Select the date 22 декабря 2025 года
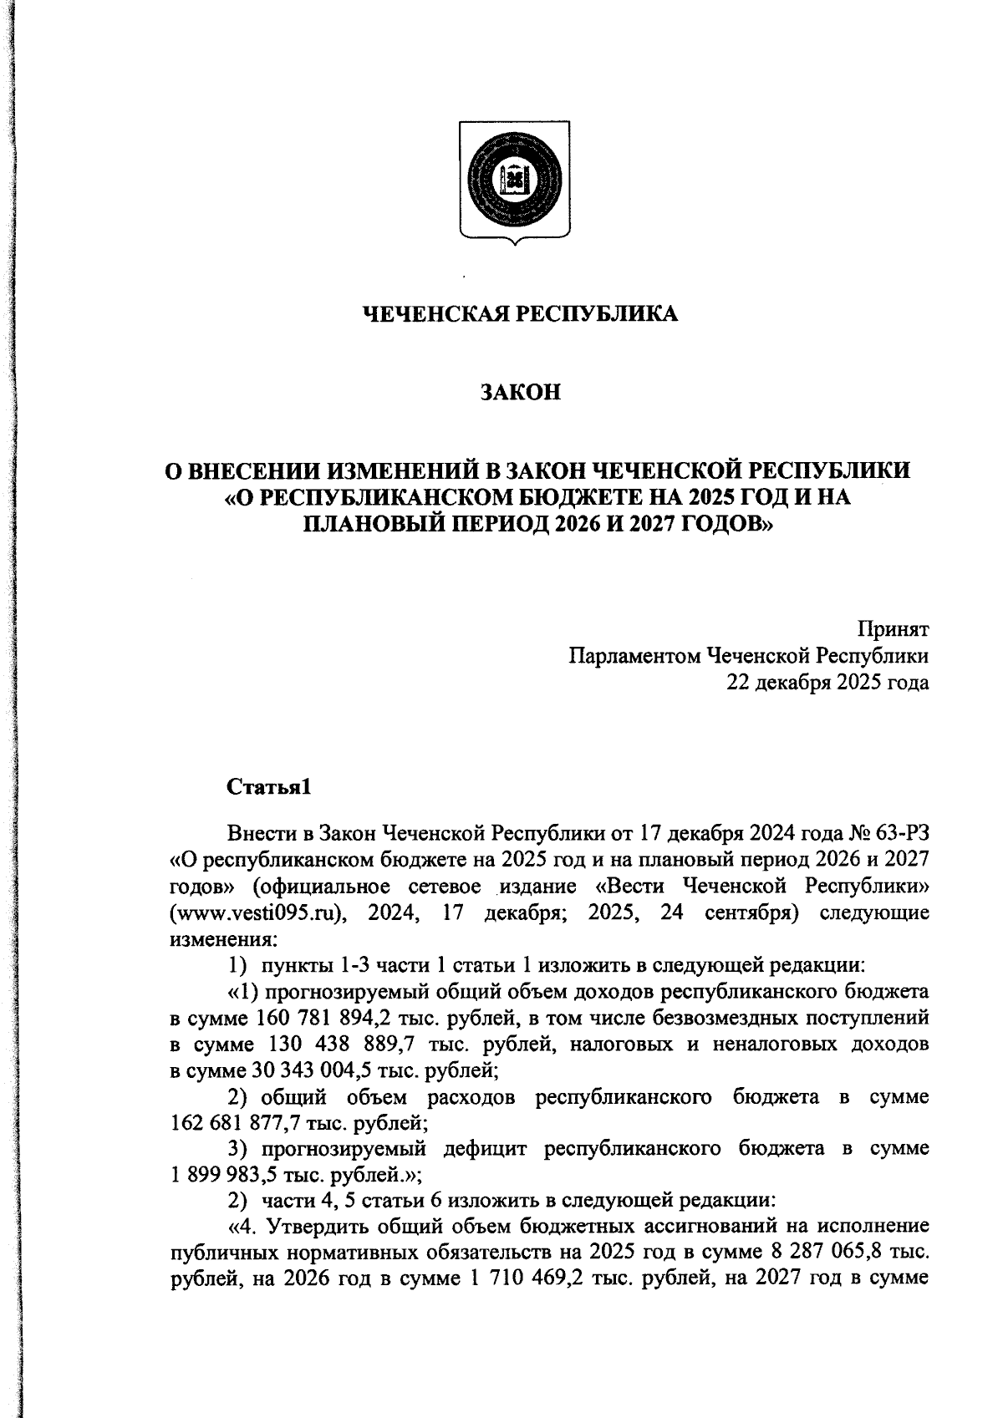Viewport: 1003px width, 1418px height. [828, 682]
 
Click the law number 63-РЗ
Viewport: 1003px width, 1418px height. [904, 833]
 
